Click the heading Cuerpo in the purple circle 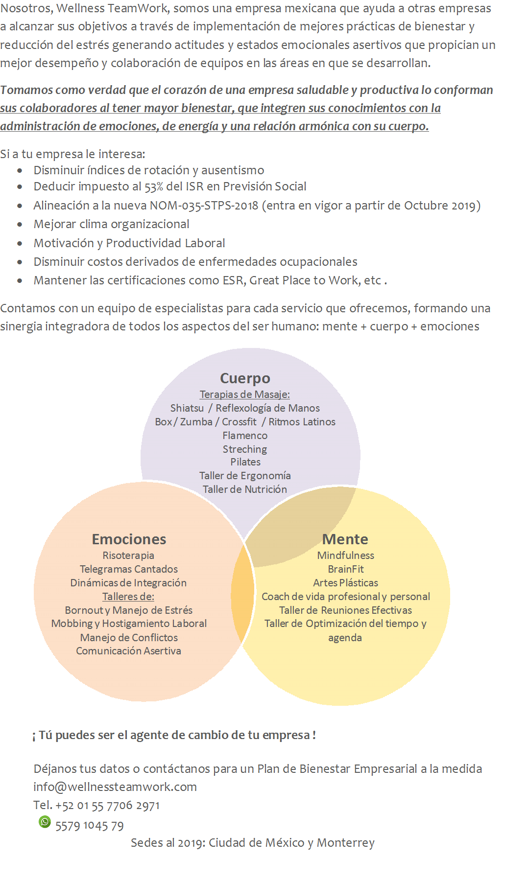click(x=245, y=378)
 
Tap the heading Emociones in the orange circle click(x=129, y=539)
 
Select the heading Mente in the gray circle click(x=345, y=539)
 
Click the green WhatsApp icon click(x=45, y=822)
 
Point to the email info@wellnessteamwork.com click(x=115, y=787)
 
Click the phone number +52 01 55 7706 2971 click(x=107, y=806)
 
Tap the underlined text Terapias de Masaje click(x=244, y=394)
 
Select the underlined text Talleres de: click(x=128, y=597)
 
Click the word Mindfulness click(x=345, y=556)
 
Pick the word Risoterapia click(x=128, y=556)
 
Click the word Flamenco click(x=245, y=436)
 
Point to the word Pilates click(x=245, y=462)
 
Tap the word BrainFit click(x=346, y=569)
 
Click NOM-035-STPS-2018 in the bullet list click(x=204, y=206)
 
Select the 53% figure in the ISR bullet click(x=154, y=187)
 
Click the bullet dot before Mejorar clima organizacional click(x=20, y=225)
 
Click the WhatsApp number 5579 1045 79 click(x=89, y=826)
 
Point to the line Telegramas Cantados click(x=129, y=569)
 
